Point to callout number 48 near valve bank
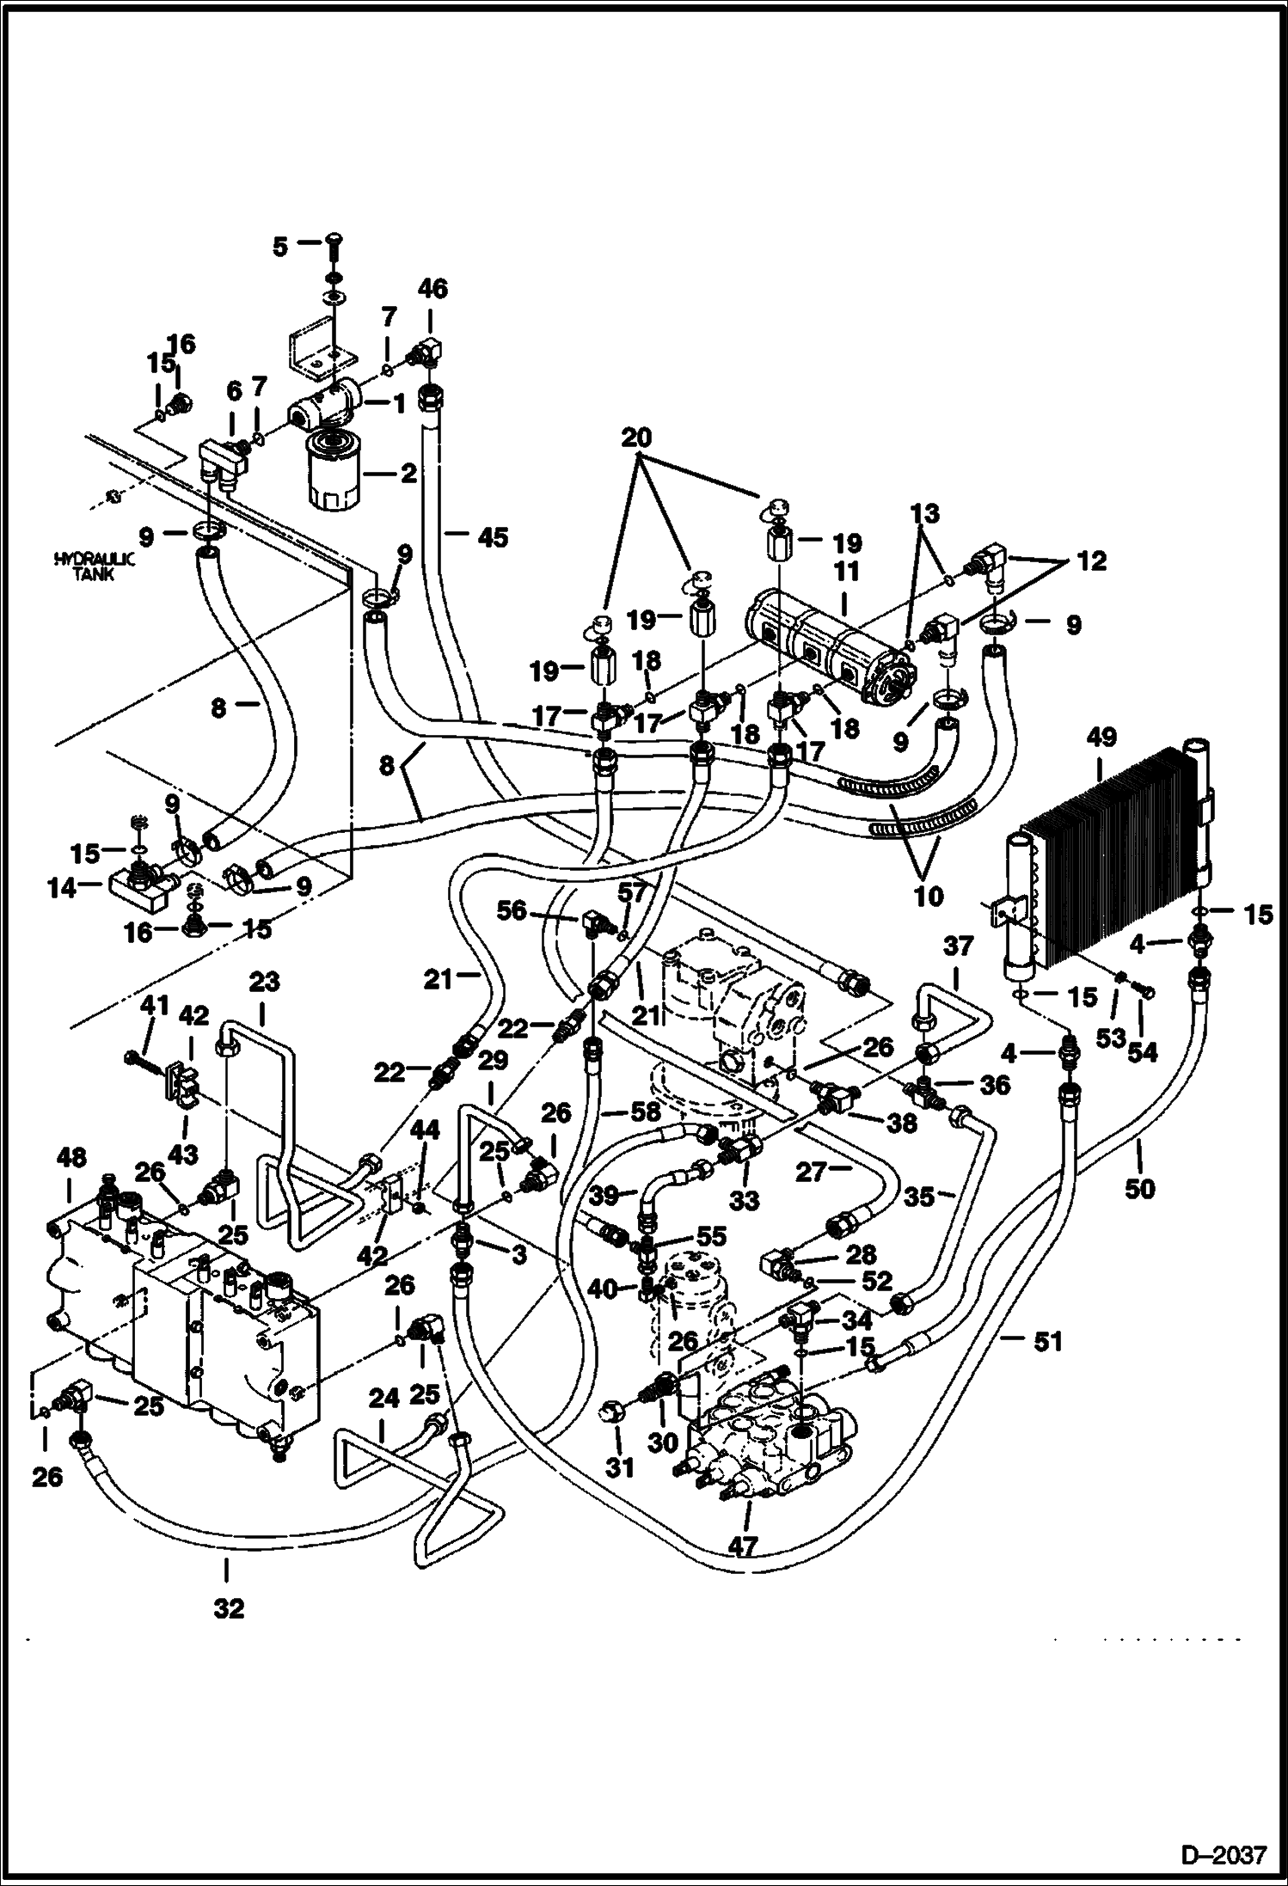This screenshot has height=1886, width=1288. tap(71, 1158)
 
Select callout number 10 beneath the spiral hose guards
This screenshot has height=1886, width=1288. tap(929, 895)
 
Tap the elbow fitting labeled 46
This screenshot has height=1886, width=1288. tap(427, 352)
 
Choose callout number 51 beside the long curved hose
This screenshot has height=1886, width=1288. tap(1047, 1340)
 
